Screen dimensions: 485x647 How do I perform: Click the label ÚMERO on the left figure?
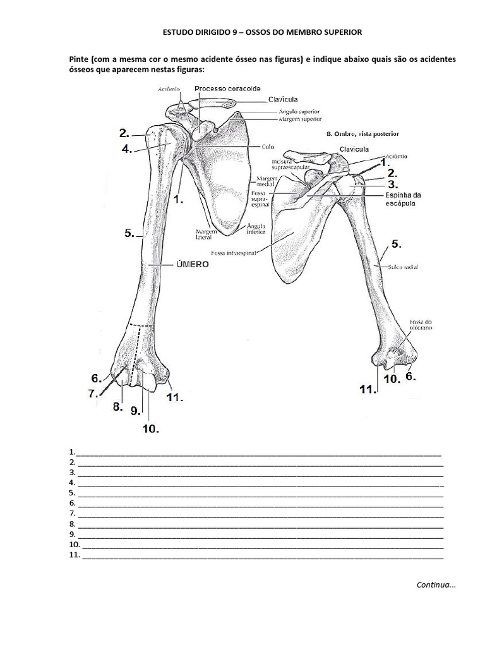point(192,264)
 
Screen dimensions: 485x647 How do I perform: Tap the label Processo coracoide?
point(227,88)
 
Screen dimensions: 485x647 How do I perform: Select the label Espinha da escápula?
point(403,199)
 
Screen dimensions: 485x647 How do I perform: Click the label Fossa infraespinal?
point(234,253)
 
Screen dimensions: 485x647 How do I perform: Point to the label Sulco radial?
point(403,267)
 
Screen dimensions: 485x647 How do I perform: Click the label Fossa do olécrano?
point(421,325)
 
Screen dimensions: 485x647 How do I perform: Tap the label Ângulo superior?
point(299,111)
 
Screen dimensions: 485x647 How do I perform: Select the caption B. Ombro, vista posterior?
point(362,134)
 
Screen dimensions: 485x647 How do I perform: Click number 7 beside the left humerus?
point(93,393)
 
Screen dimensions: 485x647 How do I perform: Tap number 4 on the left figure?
point(126,148)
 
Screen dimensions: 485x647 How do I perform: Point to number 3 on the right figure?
point(393,184)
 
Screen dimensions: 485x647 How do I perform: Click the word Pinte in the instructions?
point(78,59)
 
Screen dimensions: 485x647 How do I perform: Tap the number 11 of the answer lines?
point(75,555)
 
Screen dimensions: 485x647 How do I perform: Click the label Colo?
point(268,147)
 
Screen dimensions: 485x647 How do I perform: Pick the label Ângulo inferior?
point(256,229)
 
